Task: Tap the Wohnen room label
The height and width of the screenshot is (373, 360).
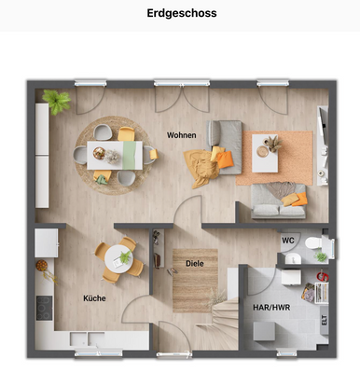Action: [x=181, y=135]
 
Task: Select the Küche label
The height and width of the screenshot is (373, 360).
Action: [x=93, y=298]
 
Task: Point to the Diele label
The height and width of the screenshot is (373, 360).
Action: [x=195, y=264]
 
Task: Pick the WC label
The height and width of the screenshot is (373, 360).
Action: [x=287, y=238]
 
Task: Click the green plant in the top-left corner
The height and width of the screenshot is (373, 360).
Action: [x=55, y=100]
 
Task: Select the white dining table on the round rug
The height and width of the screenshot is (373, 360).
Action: [x=115, y=155]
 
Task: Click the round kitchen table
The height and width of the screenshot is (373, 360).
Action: [x=118, y=256]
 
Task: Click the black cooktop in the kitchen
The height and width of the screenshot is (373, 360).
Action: [x=44, y=307]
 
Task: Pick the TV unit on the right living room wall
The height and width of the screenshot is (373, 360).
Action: [x=323, y=140]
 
